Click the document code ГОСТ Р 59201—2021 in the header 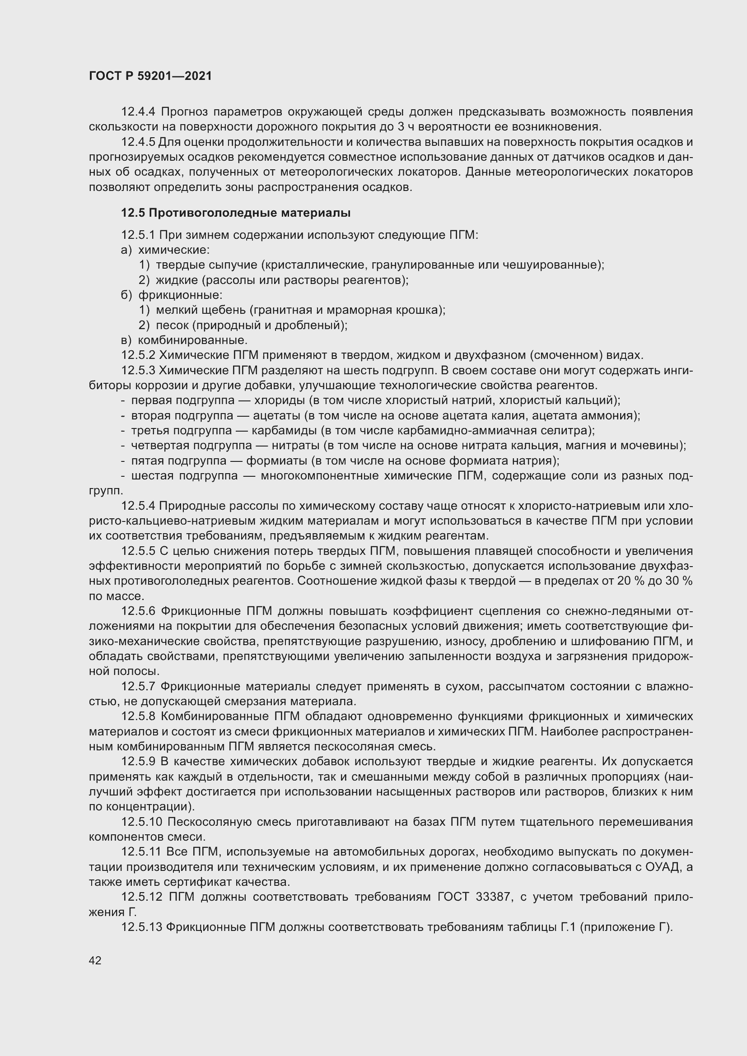(150, 76)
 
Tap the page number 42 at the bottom (95, 960)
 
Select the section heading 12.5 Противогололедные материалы (235, 213)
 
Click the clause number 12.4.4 (139, 112)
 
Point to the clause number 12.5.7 (139, 687)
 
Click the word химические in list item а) (174, 250)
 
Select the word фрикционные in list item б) (180, 295)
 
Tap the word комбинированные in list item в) (193, 340)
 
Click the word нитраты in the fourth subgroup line (295, 446)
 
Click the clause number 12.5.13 (142, 927)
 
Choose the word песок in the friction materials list (172, 326)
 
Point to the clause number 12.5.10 (142, 822)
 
